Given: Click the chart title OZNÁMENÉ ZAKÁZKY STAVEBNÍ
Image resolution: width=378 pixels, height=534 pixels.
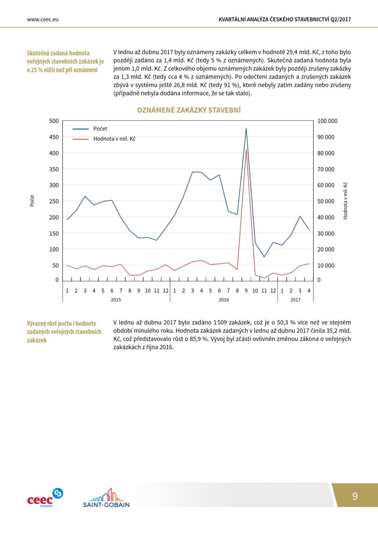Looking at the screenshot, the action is tap(189, 110).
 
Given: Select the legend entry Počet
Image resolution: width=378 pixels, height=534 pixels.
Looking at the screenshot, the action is tap(90, 129).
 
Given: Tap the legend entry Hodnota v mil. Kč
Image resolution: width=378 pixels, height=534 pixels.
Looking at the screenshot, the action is tap(104, 139).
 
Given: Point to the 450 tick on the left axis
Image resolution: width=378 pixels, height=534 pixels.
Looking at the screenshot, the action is tap(54, 137).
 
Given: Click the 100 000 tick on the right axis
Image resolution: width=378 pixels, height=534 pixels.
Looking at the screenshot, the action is tap(327, 121).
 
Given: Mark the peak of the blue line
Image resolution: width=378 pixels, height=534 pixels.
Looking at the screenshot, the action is tap(246, 128).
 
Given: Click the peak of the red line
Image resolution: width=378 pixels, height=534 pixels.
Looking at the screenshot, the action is tap(246, 149).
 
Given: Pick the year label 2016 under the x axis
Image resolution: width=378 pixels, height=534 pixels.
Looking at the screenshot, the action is tap(224, 300).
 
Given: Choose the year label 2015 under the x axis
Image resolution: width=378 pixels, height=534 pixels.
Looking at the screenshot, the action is tap(116, 300).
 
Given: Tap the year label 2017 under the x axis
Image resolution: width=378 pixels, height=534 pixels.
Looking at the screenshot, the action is tap(295, 300).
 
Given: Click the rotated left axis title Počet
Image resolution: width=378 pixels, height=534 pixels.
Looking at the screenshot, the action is tap(32, 201).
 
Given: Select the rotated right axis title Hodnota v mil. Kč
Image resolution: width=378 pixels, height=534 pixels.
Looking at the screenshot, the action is tap(345, 201).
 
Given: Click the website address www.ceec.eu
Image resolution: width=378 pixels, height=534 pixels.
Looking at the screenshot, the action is tap(43, 20).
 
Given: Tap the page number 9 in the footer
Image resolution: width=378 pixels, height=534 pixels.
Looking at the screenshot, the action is tap(355, 496).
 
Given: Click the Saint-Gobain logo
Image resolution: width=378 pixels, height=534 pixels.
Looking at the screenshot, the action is tap(106, 498).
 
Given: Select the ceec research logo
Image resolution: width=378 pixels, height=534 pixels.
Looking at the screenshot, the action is tap(45, 497).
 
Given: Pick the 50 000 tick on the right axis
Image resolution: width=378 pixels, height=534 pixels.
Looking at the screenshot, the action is tap(326, 201).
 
